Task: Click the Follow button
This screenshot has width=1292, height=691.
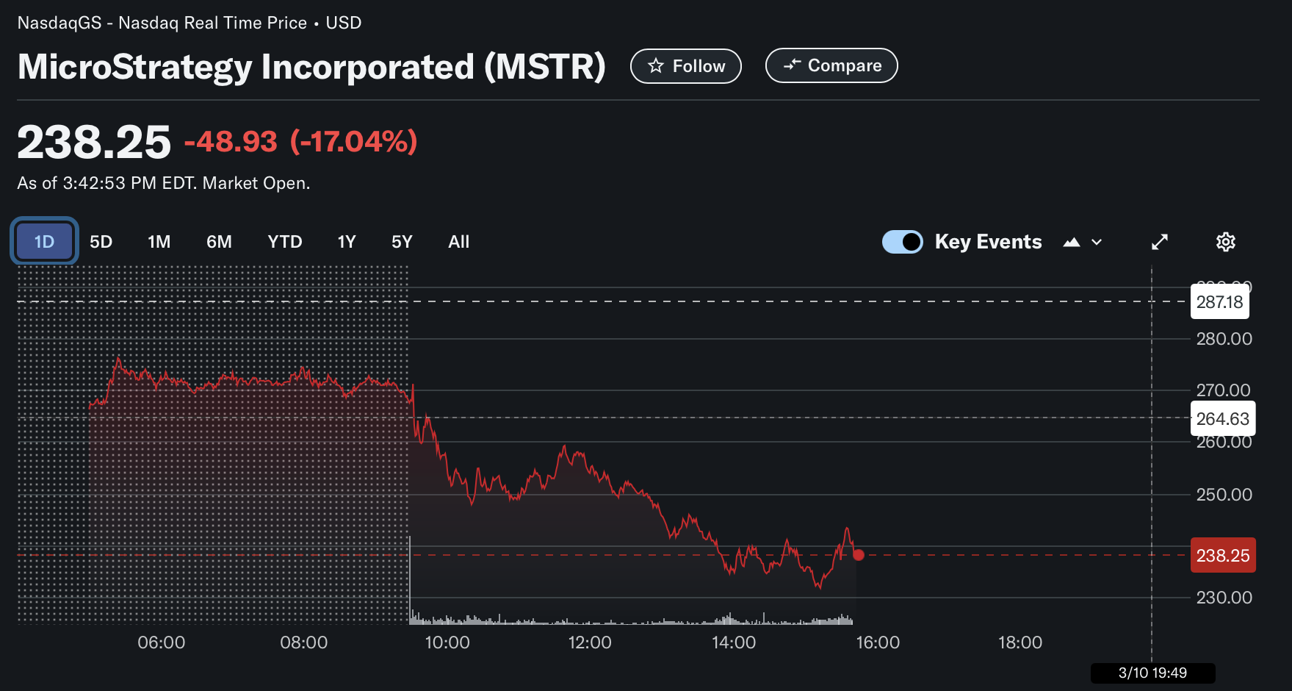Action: click(685, 66)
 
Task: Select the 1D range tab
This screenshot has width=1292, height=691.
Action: click(44, 241)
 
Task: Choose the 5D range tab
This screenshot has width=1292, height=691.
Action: click(101, 242)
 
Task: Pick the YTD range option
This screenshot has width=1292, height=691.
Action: click(284, 242)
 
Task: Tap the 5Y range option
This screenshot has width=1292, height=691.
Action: click(401, 242)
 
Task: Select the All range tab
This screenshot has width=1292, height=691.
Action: click(458, 242)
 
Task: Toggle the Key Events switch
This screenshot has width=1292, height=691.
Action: click(902, 242)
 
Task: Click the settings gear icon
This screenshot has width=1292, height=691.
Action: click(1225, 242)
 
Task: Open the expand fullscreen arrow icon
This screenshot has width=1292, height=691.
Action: click(1159, 242)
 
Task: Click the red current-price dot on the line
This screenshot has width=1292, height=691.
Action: click(858, 555)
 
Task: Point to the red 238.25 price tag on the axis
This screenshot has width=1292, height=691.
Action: click(1222, 556)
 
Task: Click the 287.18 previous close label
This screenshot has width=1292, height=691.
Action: click(1219, 302)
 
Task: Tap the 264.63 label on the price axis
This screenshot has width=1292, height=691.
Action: click(1222, 419)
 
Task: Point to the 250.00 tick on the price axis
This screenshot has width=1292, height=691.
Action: click(1224, 495)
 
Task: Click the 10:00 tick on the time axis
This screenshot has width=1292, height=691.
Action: click(447, 642)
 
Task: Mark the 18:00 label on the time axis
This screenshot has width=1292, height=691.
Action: click(1019, 642)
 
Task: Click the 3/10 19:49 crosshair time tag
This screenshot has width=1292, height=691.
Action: click(1152, 673)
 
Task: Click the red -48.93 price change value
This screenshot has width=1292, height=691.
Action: click(231, 141)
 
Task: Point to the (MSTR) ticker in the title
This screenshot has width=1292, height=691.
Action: click(544, 67)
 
